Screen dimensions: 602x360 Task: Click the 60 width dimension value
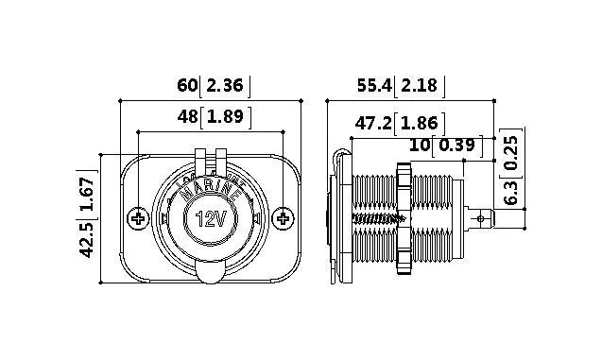(x=187, y=85)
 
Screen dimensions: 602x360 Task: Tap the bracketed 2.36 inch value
(x=225, y=85)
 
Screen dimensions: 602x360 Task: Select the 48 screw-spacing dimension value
(x=187, y=116)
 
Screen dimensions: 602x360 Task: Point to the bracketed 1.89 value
(x=225, y=116)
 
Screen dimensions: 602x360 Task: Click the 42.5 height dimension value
(x=86, y=239)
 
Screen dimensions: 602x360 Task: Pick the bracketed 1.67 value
(x=86, y=195)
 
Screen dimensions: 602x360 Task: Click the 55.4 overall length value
(x=374, y=85)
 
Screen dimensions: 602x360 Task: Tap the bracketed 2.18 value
(x=419, y=85)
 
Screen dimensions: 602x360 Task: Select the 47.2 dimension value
(x=373, y=124)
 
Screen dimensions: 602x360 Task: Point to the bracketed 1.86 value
(x=420, y=124)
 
